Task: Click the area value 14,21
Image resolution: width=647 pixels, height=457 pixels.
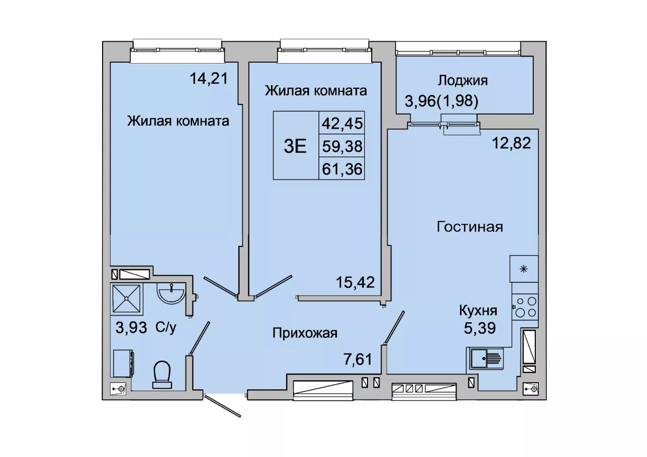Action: pyautogui.click(x=209, y=78)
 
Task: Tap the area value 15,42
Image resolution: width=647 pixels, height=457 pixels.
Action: pyautogui.click(x=355, y=282)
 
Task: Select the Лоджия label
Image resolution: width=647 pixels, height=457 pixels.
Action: pyautogui.click(x=463, y=80)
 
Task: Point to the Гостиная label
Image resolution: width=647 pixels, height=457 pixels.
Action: pyautogui.click(x=470, y=227)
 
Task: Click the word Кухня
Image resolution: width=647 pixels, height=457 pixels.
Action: pyautogui.click(x=478, y=311)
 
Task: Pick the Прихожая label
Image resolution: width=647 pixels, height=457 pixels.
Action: pyautogui.click(x=305, y=333)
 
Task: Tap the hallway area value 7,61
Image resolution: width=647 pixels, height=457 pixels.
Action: pyautogui.click(x=357, y=359)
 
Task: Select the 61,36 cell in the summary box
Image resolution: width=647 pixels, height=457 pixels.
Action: pyautogui.click(x=342, y=169)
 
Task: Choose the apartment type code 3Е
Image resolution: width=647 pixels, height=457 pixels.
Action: pyautogui.click(x=295, y=146)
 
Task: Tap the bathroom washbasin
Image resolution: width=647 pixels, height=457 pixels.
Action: pyautogui.click(x=171, y=293)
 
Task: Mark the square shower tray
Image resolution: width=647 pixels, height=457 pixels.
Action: pyautogui.click(x=126, y=298)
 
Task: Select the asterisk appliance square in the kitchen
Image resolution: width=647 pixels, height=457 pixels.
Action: pyautogui.click(x=524, y=269)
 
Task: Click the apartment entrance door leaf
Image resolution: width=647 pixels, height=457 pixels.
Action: pyautogui.click(x=222, y=406)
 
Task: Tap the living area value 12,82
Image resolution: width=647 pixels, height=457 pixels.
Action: pyautogui.click(x=511, y=143)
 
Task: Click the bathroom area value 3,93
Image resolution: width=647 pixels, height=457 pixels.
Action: pyautogui.click(x=131, y=328)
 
